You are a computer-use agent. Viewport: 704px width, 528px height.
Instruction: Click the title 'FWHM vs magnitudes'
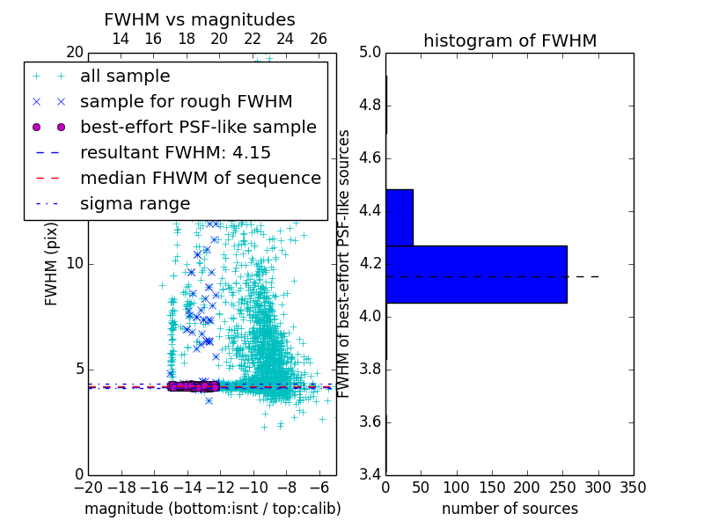click(200, 19)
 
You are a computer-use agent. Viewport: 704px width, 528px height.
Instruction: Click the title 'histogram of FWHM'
click(510, 40)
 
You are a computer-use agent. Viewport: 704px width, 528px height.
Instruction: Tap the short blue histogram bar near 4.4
click(400, 217)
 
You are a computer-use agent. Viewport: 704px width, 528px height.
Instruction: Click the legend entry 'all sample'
click(125, 77)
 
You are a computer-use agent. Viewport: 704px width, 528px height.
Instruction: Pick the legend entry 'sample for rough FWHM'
click(187, 102)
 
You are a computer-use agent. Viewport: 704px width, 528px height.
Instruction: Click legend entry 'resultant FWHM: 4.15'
click(175, 153)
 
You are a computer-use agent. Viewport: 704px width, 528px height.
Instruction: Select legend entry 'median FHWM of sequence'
click(201, 179)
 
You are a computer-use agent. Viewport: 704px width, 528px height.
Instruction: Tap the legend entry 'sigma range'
click(135, 204)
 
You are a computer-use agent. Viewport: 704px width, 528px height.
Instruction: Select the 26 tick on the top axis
click(319, 39)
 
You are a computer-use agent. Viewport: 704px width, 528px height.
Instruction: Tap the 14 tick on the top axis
click(121, 39)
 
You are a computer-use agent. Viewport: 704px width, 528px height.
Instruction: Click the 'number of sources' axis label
click(510, 510)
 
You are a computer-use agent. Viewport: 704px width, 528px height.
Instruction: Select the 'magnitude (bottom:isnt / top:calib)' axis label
click(212, 510)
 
